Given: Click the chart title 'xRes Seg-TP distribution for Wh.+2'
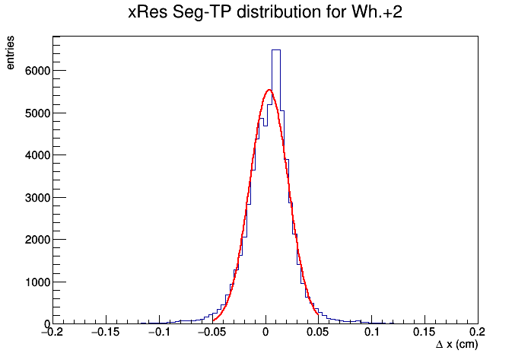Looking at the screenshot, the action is point(265,12).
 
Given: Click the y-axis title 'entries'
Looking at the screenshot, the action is point(10,53).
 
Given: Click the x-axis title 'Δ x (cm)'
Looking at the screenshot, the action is point(457,345).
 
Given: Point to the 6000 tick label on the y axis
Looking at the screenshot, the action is point(37,71).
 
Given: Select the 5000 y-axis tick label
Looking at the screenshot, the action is point(37,113).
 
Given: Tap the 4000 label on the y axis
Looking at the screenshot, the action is point(37,155).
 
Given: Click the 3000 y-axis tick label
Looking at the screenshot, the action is point(37,198).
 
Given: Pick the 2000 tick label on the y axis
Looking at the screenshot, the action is point(37,240).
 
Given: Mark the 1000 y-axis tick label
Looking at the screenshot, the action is point(37,282).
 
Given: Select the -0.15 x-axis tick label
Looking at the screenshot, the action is point(106,332).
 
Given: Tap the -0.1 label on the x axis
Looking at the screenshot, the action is point(159,332).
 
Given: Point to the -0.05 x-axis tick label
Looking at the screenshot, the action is point(211,332).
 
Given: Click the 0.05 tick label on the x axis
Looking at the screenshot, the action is point(317,332).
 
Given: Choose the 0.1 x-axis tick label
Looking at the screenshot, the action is point(371,332).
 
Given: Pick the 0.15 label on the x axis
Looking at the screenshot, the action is point(424,332).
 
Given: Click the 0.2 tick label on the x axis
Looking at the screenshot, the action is point(478,332).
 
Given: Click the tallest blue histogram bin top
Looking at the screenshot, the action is point(276,50).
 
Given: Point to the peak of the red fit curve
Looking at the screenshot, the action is point(269,90).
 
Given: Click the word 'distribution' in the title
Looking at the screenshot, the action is point(278,12).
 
